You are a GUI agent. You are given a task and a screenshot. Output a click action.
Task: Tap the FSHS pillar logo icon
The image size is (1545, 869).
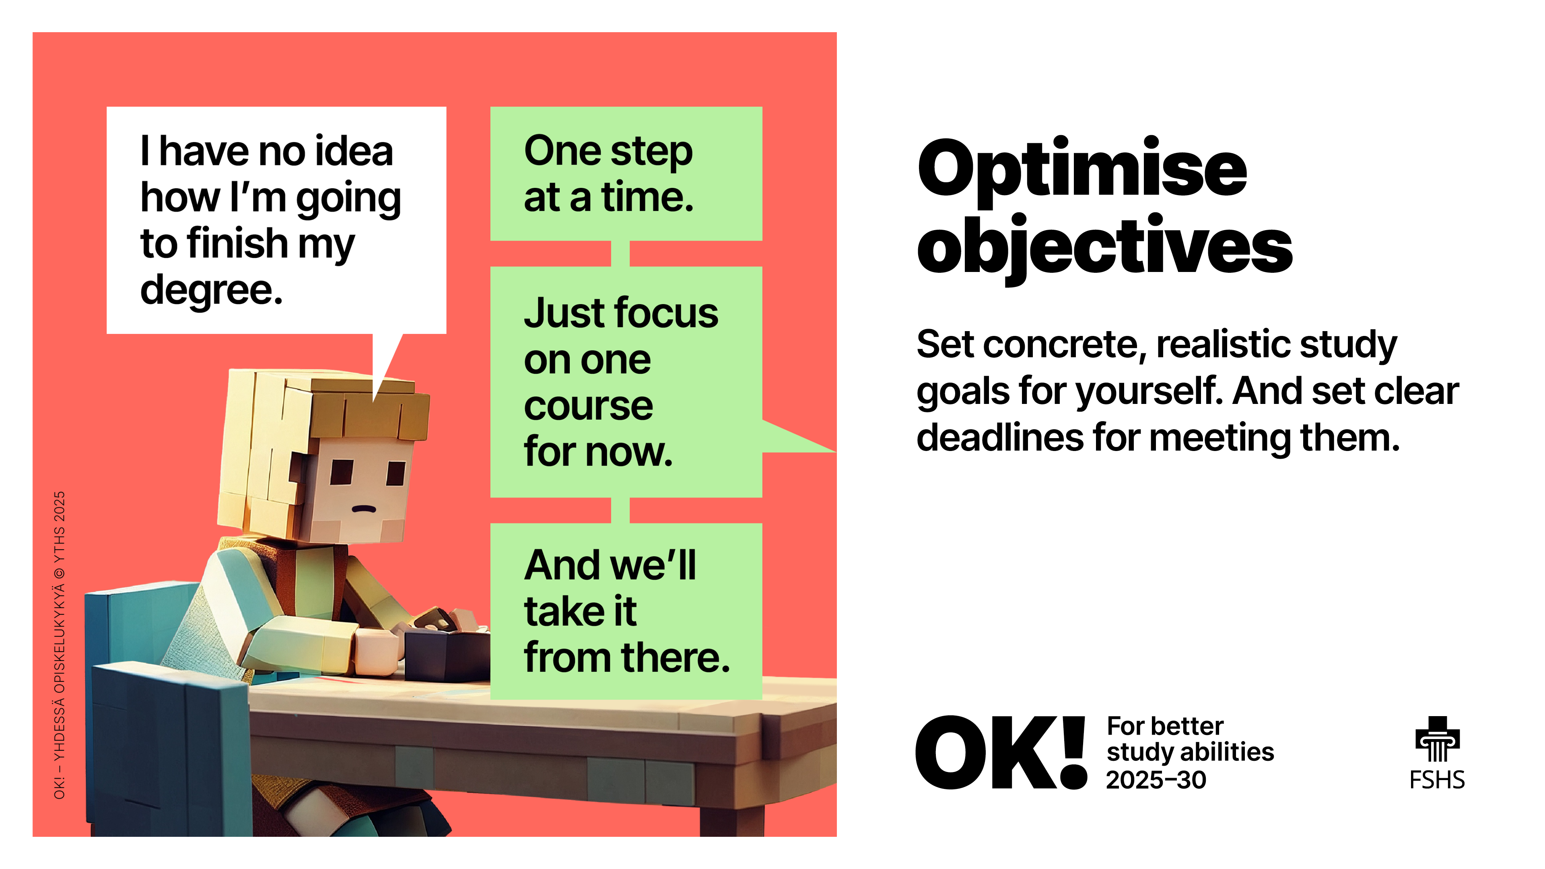tap(1437, 739)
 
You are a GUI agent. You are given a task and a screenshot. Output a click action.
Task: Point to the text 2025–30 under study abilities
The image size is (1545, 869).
tap(1156, 780)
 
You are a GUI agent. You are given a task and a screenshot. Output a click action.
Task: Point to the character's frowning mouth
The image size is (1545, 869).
tap(363, 509)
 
